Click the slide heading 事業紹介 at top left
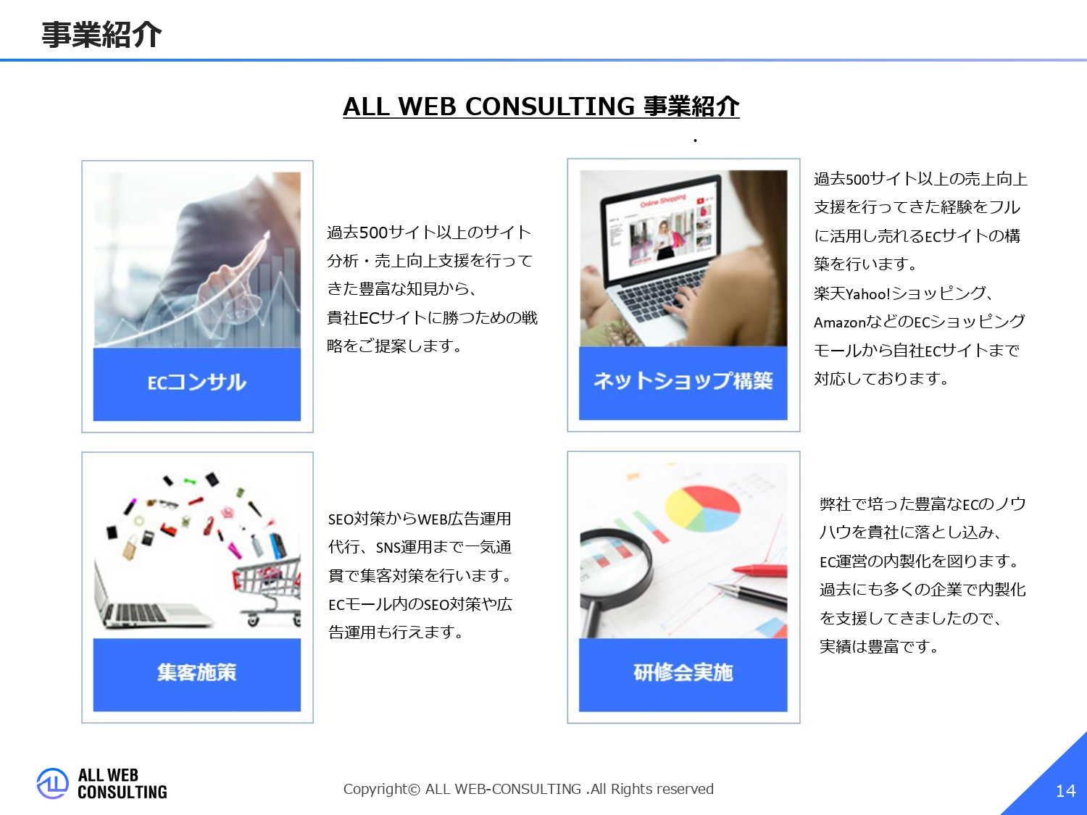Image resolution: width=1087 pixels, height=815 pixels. pyautogui.click(x=101, y=34)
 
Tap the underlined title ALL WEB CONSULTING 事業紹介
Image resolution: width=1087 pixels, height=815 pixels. pyautogui.click(x=541, y=106)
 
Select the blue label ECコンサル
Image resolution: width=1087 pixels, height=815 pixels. pyautogui.click(x=196, y=383)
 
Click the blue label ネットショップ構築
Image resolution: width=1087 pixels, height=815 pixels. pyautogui.click(x=683, y=381)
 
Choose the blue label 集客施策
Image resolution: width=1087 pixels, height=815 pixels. pyautogui.click(x=196, y=673)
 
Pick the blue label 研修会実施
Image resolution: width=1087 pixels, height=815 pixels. pyautogui.click(x=683, y=673)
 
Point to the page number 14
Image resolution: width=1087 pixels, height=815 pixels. pyautogui.click(x=1065, y=791)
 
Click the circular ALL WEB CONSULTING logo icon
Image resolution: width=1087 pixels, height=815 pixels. pyautogui.click(x=52, y=784)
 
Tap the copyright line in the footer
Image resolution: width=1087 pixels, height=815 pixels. pyautogui.click(x=528, y=789)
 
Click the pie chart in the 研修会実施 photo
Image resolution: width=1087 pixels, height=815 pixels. pyautogui.click(x=701, y=508)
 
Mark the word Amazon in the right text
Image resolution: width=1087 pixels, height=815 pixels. pyautogui.click(x=840, y=322)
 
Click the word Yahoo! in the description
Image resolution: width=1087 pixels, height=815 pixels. pyautogui.click(x=867, y=294)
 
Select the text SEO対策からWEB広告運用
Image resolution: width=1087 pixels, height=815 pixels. pyautogui.click(x=420, y=519)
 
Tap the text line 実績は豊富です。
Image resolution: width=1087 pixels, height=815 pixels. pyautogui.click(x=879, y=646)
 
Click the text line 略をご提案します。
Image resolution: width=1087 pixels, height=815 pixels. pyautogui.click(x=395, y=346)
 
